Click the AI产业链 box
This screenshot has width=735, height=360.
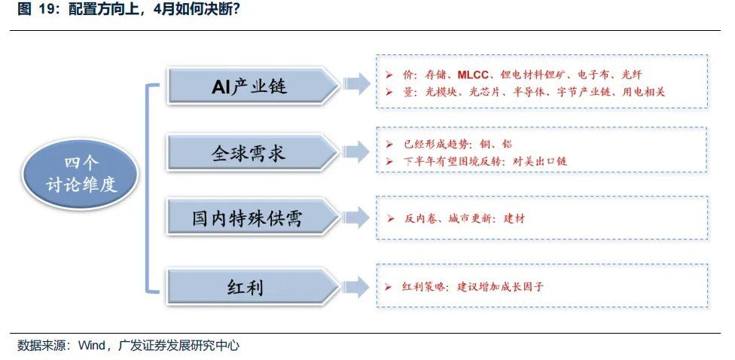tap(249, 87)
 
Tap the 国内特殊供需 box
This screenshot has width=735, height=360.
tap(248, 219)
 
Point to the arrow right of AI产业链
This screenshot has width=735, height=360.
tap(355, 84)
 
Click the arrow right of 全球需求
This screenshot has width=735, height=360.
tap(355, 151)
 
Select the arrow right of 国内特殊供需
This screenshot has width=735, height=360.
tap(355, 218)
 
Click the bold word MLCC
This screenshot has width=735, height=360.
tap(474, 75)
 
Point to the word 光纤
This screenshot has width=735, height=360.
tap(631, 75)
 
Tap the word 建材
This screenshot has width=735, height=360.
tap(514, 218)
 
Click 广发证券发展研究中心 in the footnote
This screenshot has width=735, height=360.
tap(178, 346)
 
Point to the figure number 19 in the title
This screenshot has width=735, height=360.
tap(46, 11)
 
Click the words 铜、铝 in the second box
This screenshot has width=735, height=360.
tap(499, 144)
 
